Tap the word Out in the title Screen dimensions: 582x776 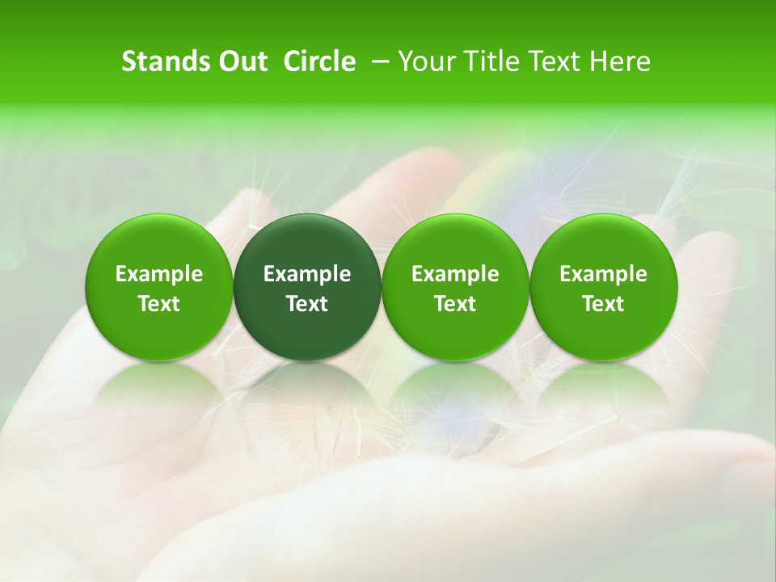pos(241,61)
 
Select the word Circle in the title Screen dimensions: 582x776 pos(319,61)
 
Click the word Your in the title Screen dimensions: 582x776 pos(425,61)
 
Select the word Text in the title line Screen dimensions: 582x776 pos(551,61)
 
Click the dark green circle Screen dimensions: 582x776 pos(307,287)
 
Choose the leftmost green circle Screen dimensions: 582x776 pos(158,287)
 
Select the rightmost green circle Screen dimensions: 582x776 pos(603,287)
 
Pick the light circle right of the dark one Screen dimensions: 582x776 pos(455,287)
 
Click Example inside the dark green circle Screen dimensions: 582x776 pos(307,274)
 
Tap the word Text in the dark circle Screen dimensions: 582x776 pos(307,304)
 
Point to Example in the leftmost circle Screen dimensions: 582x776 pos(158,274)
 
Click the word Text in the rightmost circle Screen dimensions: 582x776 pos(603,304)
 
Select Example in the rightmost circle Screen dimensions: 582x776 pos(603,274)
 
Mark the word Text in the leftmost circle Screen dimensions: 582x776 pos(158,304)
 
